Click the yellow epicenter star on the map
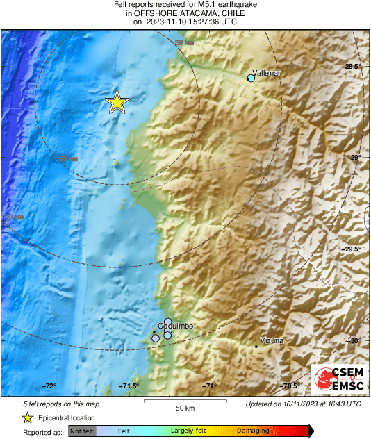[x=117, y=103]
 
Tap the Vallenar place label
[x=266, y=72]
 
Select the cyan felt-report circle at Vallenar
[x=252, y=78]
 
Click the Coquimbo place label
[x=176, y=326]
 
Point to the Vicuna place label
[x=272, y=341]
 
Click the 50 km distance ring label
[x=184, y=43]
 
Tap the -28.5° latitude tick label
[x=352, y=67]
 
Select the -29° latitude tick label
[x=355, y=158]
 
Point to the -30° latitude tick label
[x=354, y=340]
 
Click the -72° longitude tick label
[x=49, y=386]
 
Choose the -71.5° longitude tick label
[x=129, y=386]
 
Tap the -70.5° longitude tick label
[x=289, y=386]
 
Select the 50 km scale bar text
[x=185, y=407]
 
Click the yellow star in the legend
[x=27, y=417]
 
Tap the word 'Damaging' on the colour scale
[x=252, y=431]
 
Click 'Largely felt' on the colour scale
[x=186, y=431]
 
